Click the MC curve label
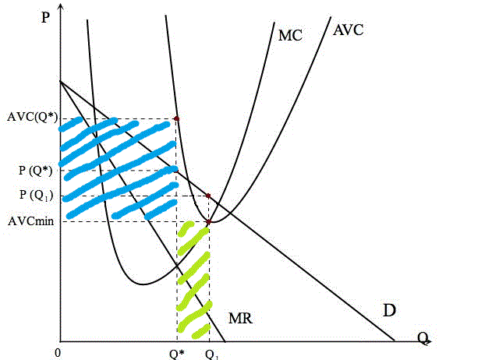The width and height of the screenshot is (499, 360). (290, 35)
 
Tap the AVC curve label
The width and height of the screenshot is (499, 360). (349, 30)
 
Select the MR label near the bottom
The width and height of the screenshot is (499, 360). (241, 318)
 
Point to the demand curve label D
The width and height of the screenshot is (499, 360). (389, 310)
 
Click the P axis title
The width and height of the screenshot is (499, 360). (45, 16)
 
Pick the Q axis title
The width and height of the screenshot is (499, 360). (423, 338)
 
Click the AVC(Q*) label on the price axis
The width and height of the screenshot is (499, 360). (33, 117)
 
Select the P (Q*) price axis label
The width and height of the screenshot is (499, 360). (35, 171)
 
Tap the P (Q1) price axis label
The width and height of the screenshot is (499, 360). (36, 195)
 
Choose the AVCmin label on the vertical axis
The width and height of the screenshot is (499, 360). (31, 221)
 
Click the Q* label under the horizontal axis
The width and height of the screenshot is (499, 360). (177, 354)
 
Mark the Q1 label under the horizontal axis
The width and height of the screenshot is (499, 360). (212, 355)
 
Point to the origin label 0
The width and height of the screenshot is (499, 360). (58, 353)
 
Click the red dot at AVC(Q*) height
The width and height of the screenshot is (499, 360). (177, 119)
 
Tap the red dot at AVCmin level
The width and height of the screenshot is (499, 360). (209, 222)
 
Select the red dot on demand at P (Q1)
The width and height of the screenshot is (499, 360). (208, 196)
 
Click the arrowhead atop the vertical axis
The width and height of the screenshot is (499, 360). (60, 5)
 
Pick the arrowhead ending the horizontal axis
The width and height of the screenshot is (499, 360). (430, 341)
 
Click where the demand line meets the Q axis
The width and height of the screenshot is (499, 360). (395, 341)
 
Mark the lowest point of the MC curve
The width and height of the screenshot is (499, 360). (143, 284)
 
